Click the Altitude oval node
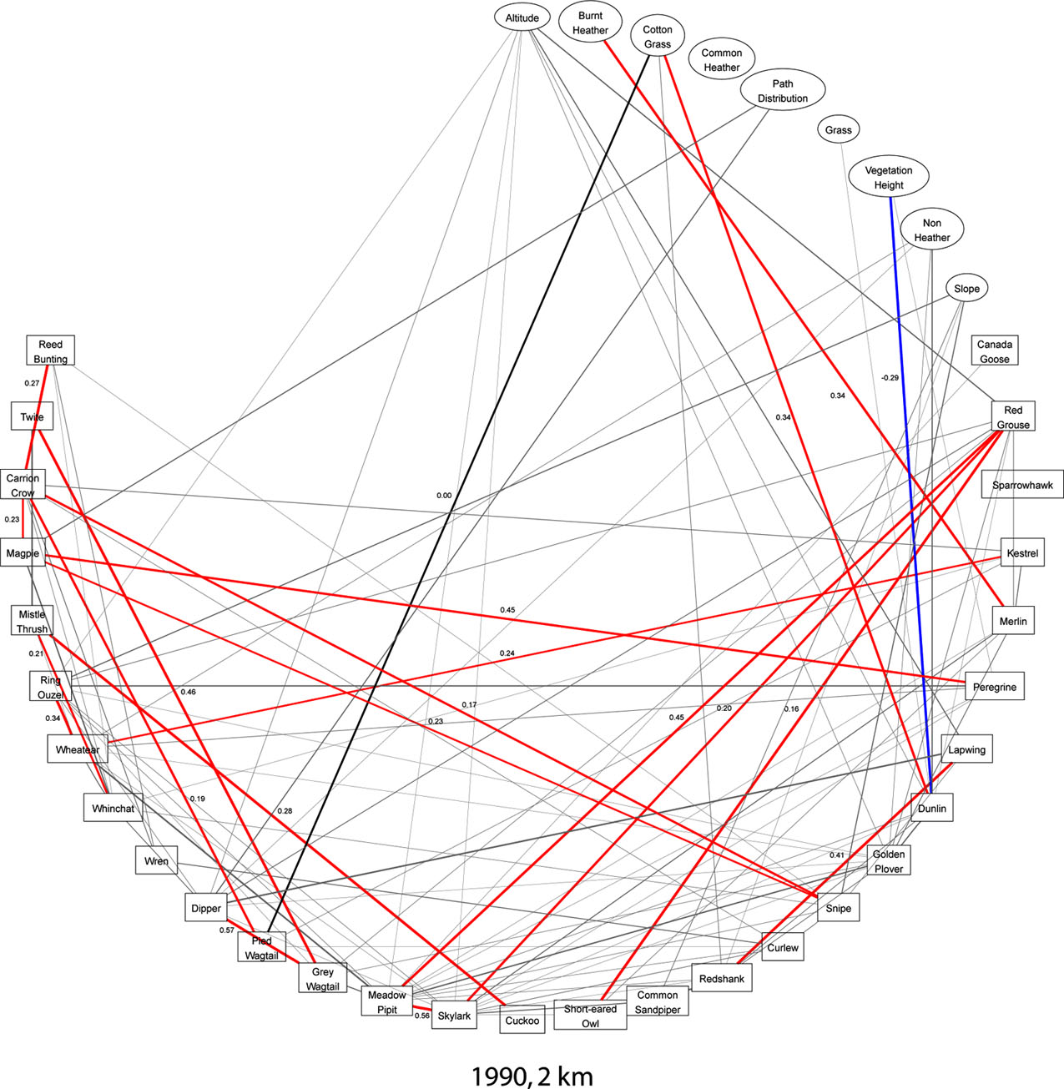pos(522,18)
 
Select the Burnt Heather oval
pos(590,23)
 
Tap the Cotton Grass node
pos(658,36)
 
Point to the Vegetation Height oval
pos(888,177)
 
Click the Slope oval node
pos(966,289)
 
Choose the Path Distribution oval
pos(782,90)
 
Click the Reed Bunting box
pos(51,350)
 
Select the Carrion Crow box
pos(23,485)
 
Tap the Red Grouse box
pos(1013,416)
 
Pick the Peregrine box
pos(995,687)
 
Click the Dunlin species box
pos(931,808)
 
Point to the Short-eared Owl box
pos(590,1015)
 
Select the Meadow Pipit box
pos(387,1001)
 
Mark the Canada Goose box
pos(995,351)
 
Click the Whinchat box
pos(113,808)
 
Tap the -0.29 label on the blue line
pos(890,377)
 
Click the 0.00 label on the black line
pos(443,495)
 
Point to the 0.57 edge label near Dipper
pos(226,930)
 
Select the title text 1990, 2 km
pos(532,1076)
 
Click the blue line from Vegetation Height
pos(910,501)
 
